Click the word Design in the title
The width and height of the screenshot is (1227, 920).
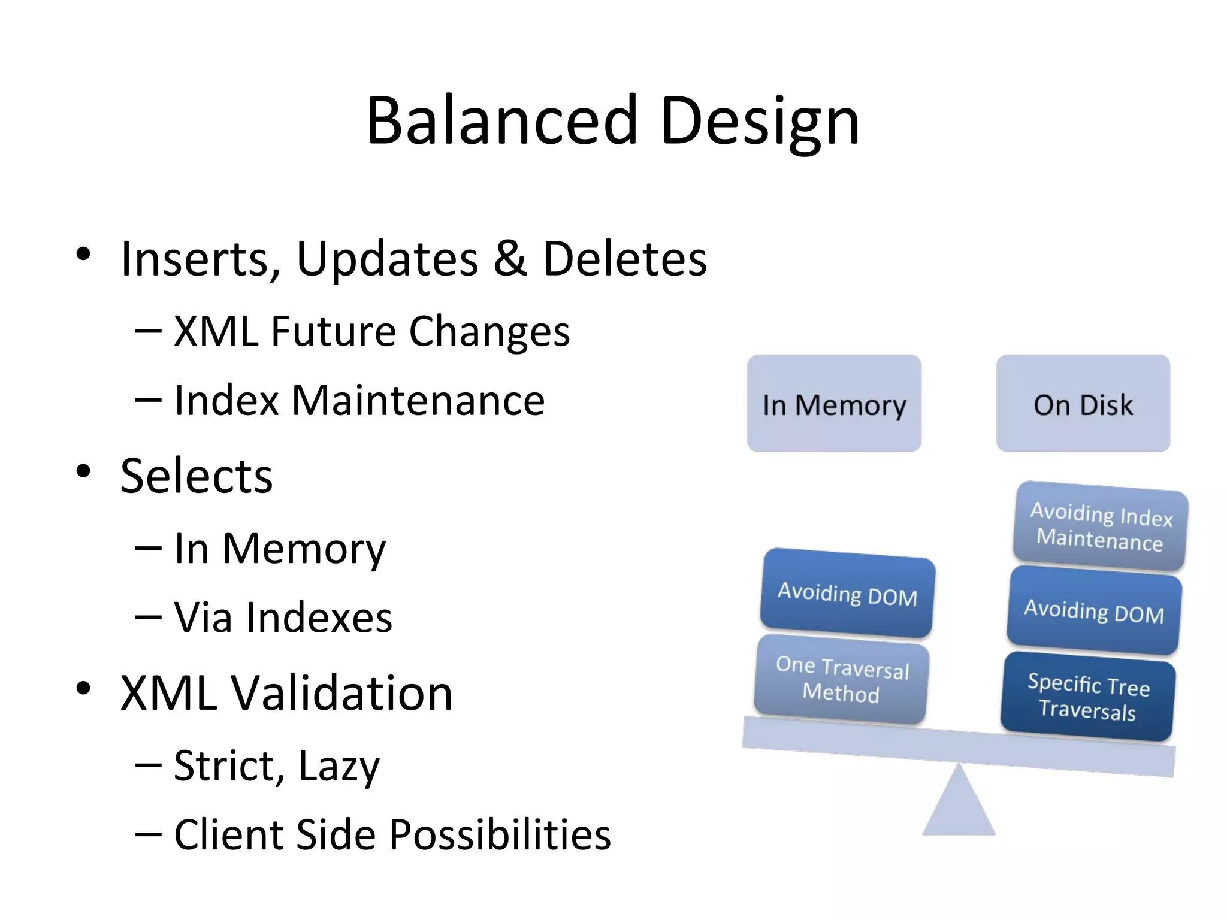(x=760, y=121)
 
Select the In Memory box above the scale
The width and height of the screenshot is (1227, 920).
(x=834, y=404)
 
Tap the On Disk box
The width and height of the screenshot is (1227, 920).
(x=1083, y=404)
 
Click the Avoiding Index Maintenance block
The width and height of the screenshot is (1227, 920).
(x=1101, y=526)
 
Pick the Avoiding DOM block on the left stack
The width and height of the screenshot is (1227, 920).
(x=847, y=594)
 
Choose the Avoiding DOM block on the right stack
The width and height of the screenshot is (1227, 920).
(x=1094, y=611)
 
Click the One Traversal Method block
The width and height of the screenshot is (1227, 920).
(x=842, y=679)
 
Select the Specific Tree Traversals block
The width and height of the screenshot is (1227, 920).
(x=1088, y=697)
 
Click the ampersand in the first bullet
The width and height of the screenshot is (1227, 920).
(x=510, y=258)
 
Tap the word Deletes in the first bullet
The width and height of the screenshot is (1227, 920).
(x=624, y=258)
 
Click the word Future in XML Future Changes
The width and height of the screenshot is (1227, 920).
(x=333, y=331)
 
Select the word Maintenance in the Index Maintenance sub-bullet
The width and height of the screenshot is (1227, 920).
(x=418, y=400)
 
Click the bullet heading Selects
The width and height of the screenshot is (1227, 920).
(x=197, y=476)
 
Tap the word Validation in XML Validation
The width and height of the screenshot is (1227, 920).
(x=341, y=693)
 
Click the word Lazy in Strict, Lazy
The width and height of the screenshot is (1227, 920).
(x=339, y=766)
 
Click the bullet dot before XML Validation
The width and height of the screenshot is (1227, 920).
(x=83, y=688)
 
